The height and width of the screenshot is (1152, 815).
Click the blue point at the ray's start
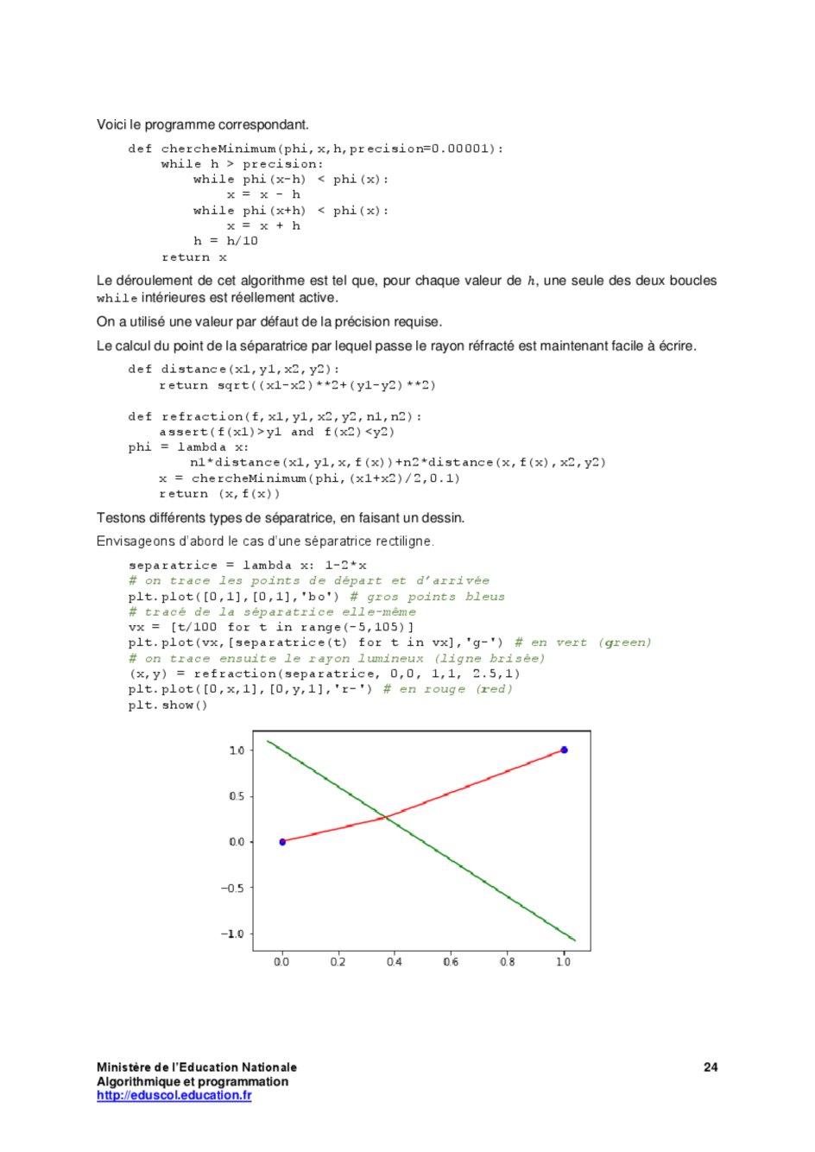coord(282,842)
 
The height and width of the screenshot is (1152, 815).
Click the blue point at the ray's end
coord(564,750)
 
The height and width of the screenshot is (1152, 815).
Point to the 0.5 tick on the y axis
coord(237,796)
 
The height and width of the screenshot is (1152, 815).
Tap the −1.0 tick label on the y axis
coord(232,934)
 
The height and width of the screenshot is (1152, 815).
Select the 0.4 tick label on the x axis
coord(394,962)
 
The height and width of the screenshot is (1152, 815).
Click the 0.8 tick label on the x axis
coord(507,962)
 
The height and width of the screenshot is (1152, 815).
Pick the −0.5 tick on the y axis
coord(233,889)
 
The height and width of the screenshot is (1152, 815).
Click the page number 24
coord(711,1067)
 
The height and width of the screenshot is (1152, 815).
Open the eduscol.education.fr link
coord(174,1096)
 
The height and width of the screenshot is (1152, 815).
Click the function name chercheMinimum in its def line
coord(218,149)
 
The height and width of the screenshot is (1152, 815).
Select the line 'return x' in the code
coord(194,257)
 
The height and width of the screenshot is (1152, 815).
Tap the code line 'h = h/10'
coord(225,242)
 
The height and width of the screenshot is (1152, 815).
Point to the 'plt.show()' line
coord(167,706)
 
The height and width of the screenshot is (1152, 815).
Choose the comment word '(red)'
coord(494,689)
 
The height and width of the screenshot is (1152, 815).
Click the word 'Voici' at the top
coord(111,124)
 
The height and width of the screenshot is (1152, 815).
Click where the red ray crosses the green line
coord(386,816)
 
